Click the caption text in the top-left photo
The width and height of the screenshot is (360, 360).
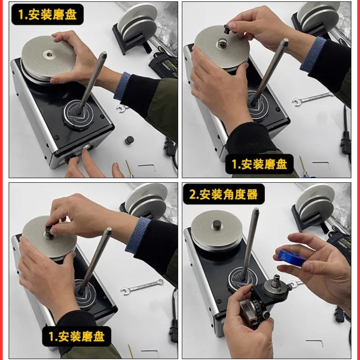click(x=47, y=15)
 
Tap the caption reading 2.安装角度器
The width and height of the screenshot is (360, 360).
click(x=224, y=194)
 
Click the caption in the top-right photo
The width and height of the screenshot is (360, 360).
click(x=259, y=164)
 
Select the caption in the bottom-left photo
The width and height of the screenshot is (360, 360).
click(x=77, y=337)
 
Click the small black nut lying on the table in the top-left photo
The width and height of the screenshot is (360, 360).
click(x=129, y=140)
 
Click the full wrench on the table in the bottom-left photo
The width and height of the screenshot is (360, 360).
click(x=142, y=286)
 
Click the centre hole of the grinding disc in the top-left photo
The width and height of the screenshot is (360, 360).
click(x=49, y=54)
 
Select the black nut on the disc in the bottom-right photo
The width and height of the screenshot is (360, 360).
click(x=217, y=225)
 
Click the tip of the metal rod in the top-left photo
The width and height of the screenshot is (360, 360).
click(x=104, y=53)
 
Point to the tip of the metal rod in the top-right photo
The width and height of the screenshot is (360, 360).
click(x=285, y=41)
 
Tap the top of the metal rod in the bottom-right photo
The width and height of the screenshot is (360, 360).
click(x=256, y=209)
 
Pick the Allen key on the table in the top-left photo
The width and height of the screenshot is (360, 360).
click(x=147, y=166)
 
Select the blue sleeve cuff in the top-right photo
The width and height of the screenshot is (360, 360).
click(x=313, y=54)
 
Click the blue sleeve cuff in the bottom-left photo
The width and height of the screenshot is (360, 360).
click(x=138, y=234)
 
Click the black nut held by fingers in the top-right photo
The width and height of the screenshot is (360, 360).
click(x=227, y=29)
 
